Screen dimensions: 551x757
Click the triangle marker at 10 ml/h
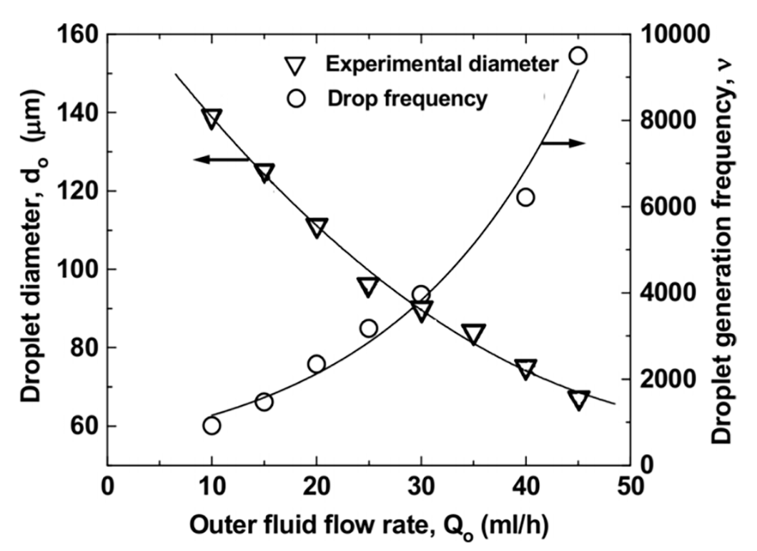coord(212,119)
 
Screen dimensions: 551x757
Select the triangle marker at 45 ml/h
coord(579,400)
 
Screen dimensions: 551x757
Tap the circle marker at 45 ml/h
coord(579,55)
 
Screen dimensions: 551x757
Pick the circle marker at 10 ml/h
coord(212,426)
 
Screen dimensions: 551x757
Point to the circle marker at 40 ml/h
coord(526,197)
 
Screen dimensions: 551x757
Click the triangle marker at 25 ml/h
coord(368,287)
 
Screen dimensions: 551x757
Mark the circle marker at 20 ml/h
coord(316,364)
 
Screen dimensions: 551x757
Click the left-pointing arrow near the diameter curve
coord(222,159)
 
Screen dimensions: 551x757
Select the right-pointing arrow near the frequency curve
coord(563,143)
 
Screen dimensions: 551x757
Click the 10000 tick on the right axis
coord(668,35)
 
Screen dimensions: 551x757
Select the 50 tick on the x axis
coord(630,484)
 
